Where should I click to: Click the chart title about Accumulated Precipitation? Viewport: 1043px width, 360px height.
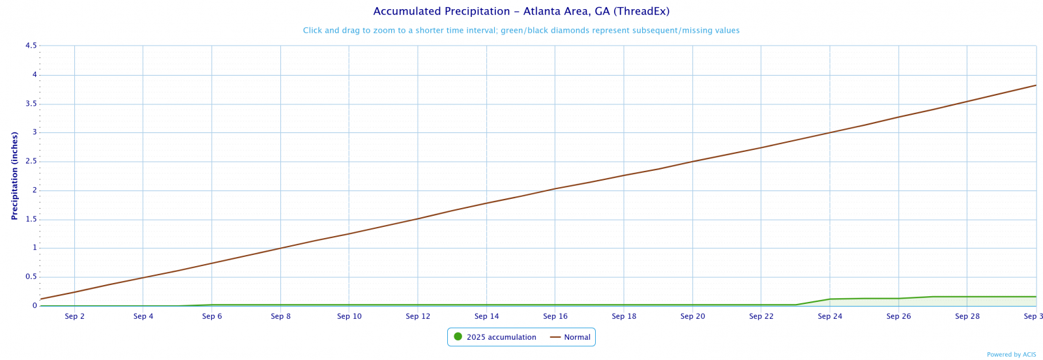pyautogui.click(x=521, y=12)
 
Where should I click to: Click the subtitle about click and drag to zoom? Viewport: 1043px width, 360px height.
pyautogui.click(x=521, y=31)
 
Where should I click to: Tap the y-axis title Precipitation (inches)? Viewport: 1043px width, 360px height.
pyautogui.click(x=14, y=175)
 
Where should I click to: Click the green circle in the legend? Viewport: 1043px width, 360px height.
pyautogui.click(x=458, y=337)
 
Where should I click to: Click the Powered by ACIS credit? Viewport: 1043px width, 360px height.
pyautogui.click(x=1011, y=355)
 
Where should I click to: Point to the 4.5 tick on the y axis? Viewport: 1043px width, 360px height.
pyautogui.click(x=31, y=46)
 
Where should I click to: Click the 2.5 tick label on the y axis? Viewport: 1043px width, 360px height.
pyautogui.click(x=31, y=162)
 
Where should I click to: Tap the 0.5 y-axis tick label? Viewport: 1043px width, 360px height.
pyautogui.click(x=31, y=277)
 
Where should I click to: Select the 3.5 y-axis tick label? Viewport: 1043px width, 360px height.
pyautogui.click(x=31, y=104)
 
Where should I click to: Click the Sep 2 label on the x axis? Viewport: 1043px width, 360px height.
pyautogui.click(x=75, y=317)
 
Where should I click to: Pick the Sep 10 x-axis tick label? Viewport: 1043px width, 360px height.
pyautogui.click(x=349, y=317)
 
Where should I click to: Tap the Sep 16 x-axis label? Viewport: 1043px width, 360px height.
pyautogui.click(x=555, y=317)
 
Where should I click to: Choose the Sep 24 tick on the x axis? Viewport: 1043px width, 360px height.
pyautogui.click(x=830, y=317)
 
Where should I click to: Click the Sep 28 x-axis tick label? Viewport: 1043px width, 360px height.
pyautogui.click(x=967, y=317)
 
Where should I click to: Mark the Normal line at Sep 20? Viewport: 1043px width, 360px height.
pyautogui.click(x=692, y=161)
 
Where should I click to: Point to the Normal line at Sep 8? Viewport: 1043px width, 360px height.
pyautogui.click(x=281, y=248)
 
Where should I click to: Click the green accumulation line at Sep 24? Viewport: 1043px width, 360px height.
pyautogui.click(x=830, y=299)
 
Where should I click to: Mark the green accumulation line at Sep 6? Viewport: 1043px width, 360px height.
pyautogui.click(x=212, y=305)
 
